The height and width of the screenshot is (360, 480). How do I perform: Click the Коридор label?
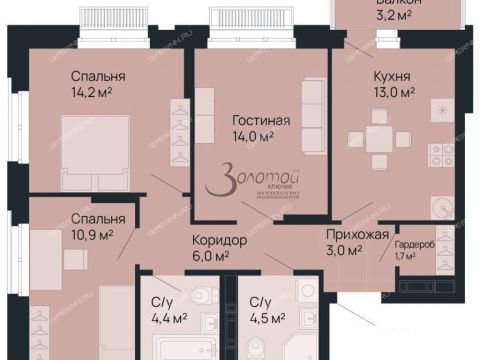(x=220, y=240)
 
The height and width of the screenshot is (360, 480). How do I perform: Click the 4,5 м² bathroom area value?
(x=269, y=320)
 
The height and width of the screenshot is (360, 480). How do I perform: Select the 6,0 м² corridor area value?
(x=219, y=256)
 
